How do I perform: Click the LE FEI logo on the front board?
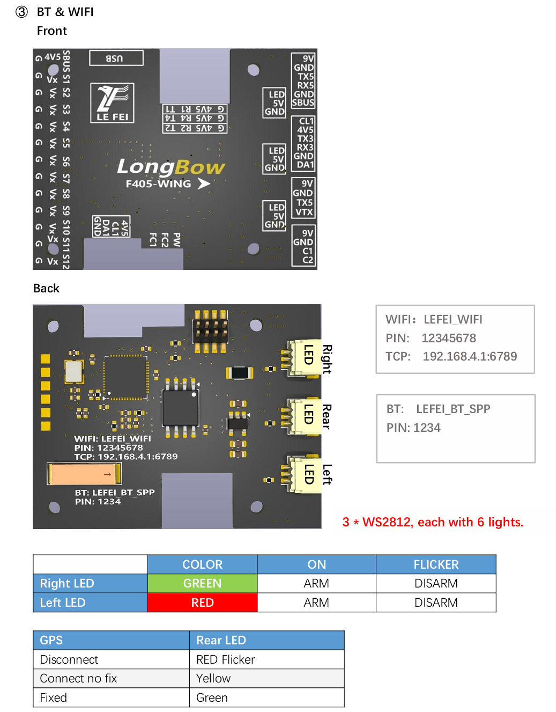click(112, 102)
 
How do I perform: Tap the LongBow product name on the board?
click(170, 167)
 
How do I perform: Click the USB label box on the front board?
click(116, 58)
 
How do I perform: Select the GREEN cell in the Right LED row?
click(202, 583)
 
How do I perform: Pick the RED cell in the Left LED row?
click(202, 603)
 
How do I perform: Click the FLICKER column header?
click(436, 564)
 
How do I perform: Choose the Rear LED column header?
click(221, 640)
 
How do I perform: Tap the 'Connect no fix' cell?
click(78, 678)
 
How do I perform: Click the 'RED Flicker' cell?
click(225, 659)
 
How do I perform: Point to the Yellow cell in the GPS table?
click(213, 678)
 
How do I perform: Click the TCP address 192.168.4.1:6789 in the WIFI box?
click(470, 356)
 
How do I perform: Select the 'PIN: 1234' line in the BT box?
click(413, 428)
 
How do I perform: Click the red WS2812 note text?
click(433, 522)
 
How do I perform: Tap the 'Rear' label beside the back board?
click(327, 416)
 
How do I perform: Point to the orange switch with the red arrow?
click(84, 474)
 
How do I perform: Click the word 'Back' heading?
click(46, 288)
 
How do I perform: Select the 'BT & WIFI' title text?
click(65, 12)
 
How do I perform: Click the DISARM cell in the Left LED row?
click(436, 603)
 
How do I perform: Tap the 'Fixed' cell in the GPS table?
click(54, 698)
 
